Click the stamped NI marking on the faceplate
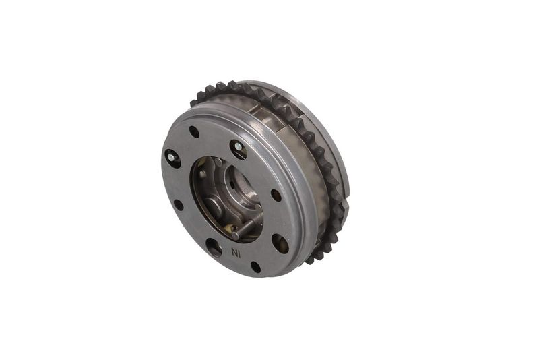(x=236, y=253)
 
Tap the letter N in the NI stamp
(x=234, y=253)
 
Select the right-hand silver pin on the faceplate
(x=238, y=148)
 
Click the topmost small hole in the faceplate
(x=194, y=132)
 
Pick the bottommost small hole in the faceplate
(x=256, y=267)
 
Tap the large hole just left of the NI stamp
(x=214, y=247)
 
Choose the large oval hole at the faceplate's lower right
(x=280, y=243)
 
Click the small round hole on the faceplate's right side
(x=276, y=195)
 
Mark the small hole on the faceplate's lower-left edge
(x=179, y=205)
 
